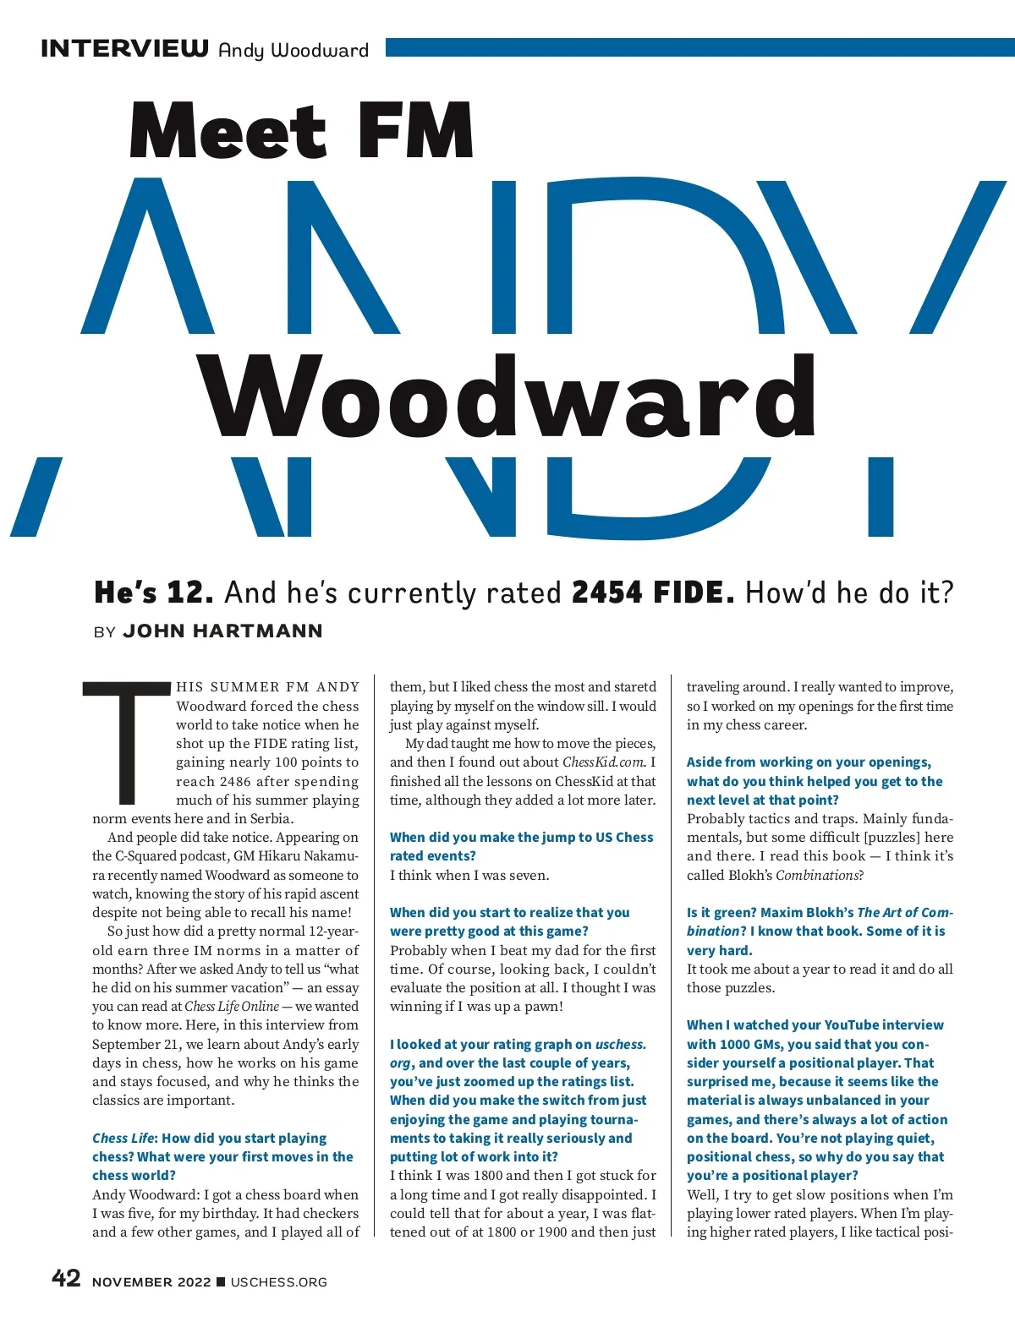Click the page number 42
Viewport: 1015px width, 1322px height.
click(66, 1278)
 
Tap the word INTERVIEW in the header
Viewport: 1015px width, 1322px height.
click(124, 48)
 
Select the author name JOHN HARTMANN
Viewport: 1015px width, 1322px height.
click(222, 631)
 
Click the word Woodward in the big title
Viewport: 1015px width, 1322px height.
click(507, 397)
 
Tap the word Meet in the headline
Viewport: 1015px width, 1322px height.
click(227, 131)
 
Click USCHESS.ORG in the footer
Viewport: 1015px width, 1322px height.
click(278, 1282)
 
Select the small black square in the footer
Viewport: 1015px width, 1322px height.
click(221, 1281)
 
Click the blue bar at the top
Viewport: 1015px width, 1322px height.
click(699, 46)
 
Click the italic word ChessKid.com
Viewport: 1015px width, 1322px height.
click(603, 762)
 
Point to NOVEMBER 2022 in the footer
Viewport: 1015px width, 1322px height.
click(151, 1282)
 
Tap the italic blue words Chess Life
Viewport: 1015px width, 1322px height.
click(123, 1139)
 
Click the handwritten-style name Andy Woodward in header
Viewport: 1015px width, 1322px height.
click(293, 51)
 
